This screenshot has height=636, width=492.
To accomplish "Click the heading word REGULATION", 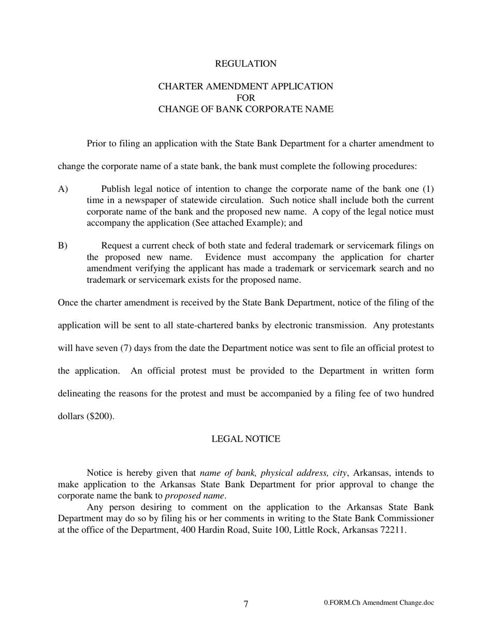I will [245, 64].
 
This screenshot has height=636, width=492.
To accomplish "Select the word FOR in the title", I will [245, 98].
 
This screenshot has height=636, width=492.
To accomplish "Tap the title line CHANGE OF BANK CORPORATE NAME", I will [245, 109].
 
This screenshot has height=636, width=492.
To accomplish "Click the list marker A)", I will [63, 189].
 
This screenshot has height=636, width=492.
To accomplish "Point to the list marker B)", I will [63, 246].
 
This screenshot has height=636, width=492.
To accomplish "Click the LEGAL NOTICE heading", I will [245, 439].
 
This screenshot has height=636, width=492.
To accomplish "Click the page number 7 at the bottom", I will [245, 604].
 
